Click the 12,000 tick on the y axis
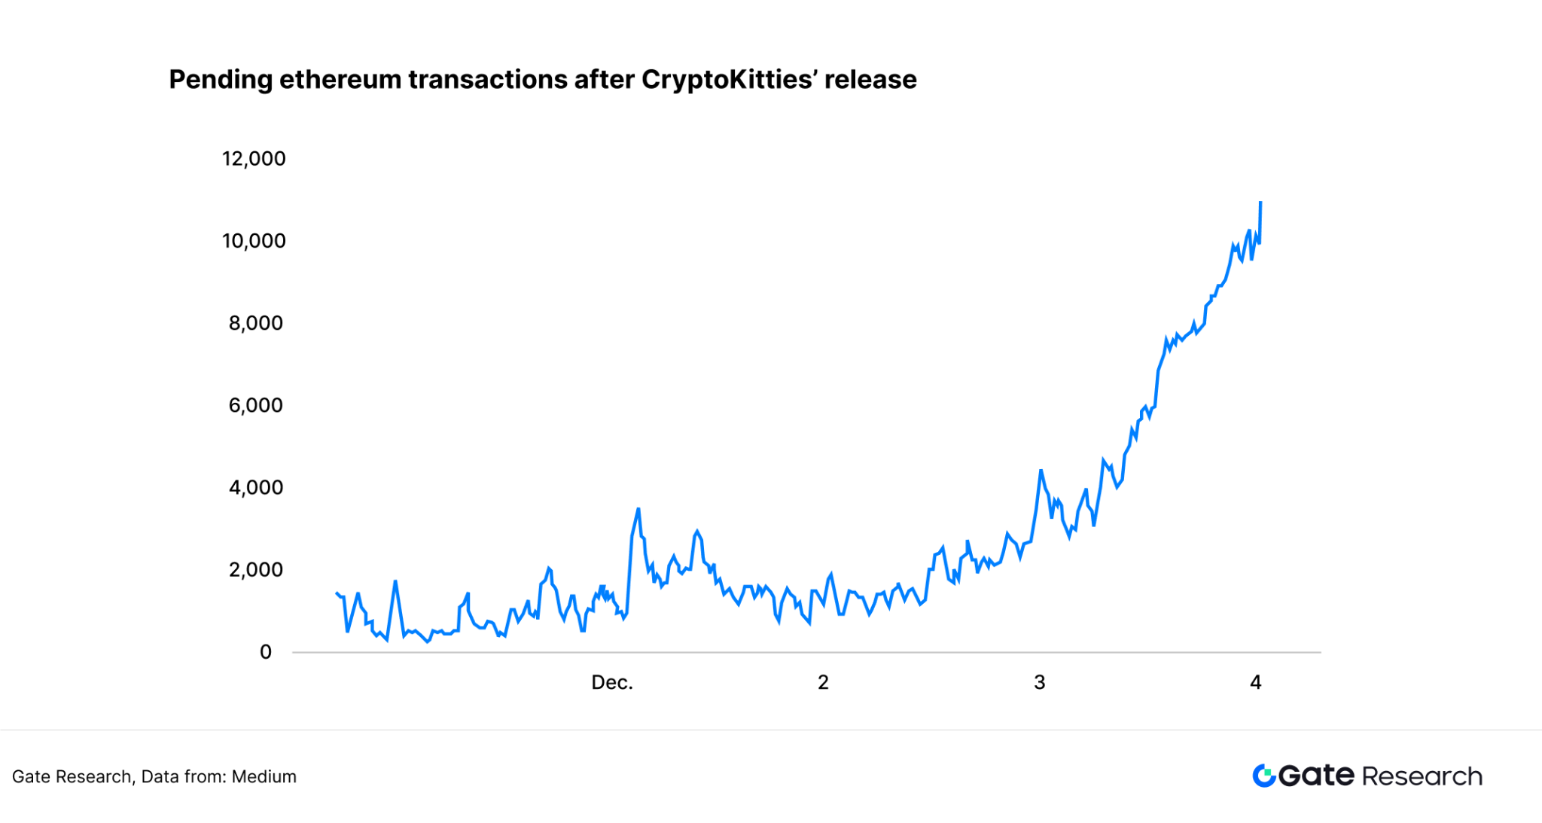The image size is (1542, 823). (x=254, y=159)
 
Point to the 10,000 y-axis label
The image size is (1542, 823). (x=254, y=241)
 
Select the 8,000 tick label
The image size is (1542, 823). (x=256, y=323)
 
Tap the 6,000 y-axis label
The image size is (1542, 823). (x=256, y=405)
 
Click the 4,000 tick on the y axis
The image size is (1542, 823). (x=256, y=487)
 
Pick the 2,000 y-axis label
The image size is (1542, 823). (x=256, y=569)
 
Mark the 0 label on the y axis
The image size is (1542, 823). (x=266, y=652)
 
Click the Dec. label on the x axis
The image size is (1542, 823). (x=612, y=682)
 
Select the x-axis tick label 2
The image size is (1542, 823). (x=823, y=682)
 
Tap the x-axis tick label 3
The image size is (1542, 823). (x=1039, y=682)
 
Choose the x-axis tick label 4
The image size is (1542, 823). (x=1255, y=682)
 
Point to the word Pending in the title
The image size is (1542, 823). (x=220, y=80)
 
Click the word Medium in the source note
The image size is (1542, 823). (x=264, y=776)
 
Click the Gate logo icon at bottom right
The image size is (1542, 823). (x=1264, y=776)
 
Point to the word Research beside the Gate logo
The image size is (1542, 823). (x=1422, y=776)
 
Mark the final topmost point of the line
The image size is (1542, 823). (x=1260, y=202)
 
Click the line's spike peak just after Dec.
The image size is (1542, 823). (x=638, y=509)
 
